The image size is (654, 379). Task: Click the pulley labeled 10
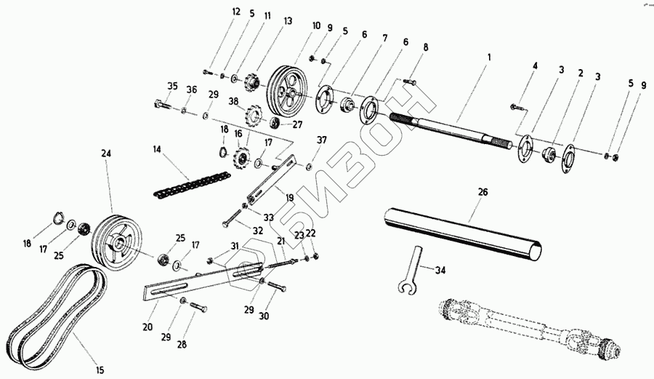(x=287, y=88)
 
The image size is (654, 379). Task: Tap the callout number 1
(x=489, y=57)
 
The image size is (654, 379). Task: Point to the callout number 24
(x=107, y=153)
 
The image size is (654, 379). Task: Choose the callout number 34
(x=440, y=270)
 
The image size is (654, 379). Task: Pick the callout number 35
(x=172, y=86)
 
